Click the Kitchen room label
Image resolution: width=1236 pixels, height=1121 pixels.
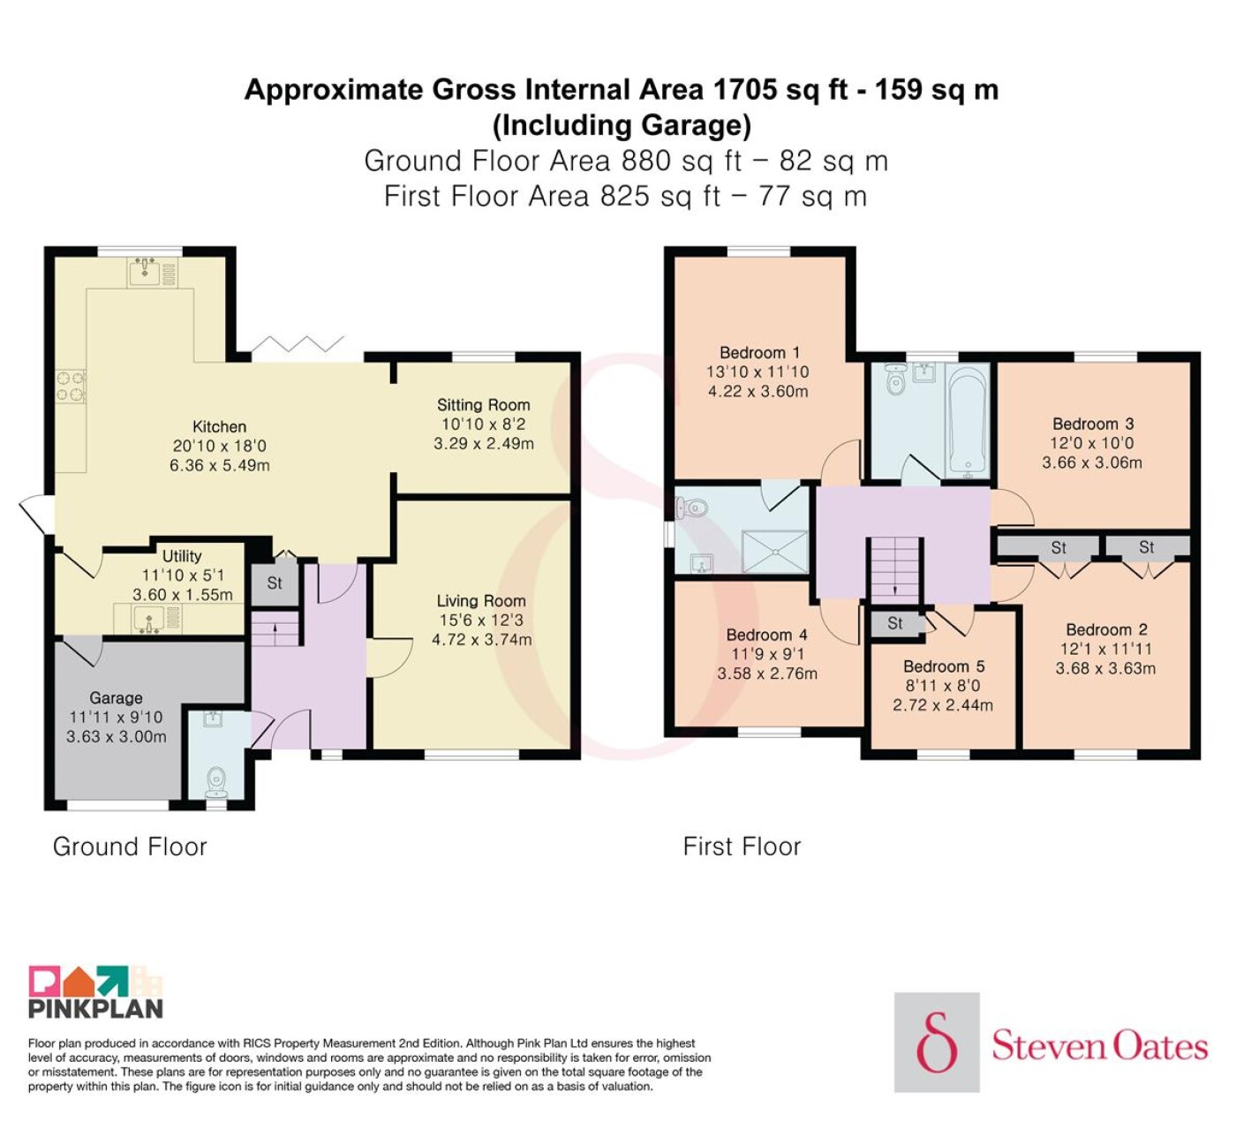point(219,426)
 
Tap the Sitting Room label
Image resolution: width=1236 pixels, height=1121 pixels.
point(484,405)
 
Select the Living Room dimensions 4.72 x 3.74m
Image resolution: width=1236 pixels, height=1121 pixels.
point(482,640)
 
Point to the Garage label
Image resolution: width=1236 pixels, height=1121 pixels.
point(116,697)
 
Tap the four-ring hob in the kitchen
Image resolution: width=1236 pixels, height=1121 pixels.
point(71,385)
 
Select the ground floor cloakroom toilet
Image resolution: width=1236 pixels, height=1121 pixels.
point(216,782)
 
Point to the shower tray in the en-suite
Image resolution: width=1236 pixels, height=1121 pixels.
point(775,552)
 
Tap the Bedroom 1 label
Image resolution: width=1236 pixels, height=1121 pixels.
point(760,352)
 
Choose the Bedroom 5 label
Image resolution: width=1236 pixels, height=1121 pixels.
point(944,666)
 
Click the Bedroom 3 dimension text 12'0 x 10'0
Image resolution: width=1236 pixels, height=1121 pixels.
point(1092,443)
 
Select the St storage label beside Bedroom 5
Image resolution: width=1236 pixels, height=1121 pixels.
point(895,623)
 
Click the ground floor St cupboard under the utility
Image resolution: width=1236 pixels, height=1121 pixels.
point(275,583)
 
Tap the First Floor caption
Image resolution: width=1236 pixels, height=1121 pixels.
point(742,846)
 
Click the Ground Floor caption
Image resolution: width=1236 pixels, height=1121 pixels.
point(130,846)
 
